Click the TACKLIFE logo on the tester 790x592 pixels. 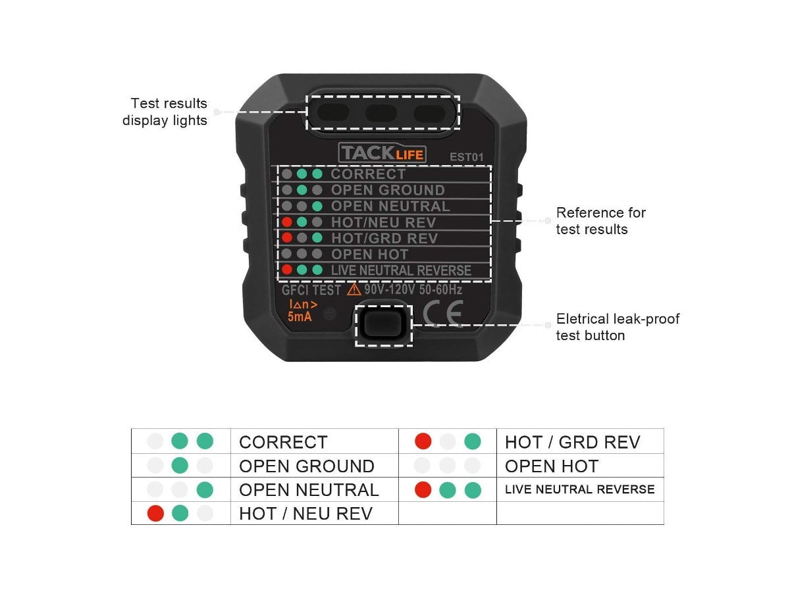click(x=382, y=154)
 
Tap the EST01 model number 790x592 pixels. click(x=467, y=157)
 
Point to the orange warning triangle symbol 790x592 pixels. click(x=354, y=289)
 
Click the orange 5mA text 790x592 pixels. click(x=300, y=316)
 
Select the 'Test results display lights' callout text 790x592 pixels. click(x=165, y=112)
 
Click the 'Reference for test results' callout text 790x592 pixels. click(x=600, y=221)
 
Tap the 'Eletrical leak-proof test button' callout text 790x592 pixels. click(x=618, y=327)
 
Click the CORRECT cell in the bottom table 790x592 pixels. click(x=283, y=442)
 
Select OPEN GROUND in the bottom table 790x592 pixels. click(x=307, y=466)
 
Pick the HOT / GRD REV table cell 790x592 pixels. click(x=572, y=442)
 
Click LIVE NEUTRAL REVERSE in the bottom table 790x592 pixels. click(x=579, y=489)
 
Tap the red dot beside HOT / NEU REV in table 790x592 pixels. click(x=155, y=513)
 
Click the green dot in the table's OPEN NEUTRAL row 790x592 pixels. click(x=205, y=489)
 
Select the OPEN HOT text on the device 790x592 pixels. click(x=369, y=255)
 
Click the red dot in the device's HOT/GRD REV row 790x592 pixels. click(x=287, y=237)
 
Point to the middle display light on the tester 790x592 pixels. click(x=381, y=113)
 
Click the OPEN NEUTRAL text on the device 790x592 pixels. click(x=390, y=206)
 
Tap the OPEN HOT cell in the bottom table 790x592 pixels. click(x=552, y=466)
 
